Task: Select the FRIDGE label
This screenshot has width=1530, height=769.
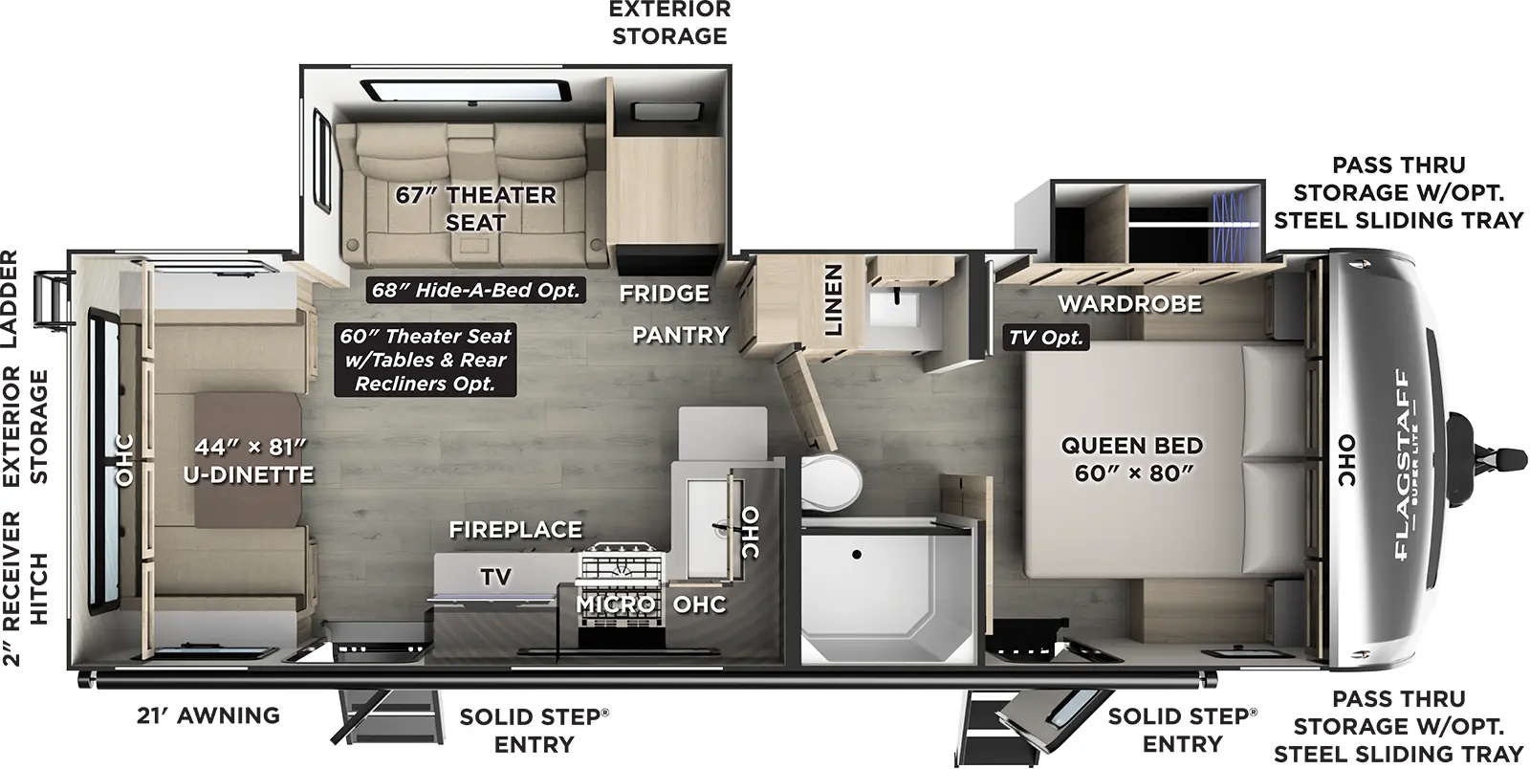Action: tap(664, 293)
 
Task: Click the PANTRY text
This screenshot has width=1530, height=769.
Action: tap(680, 335)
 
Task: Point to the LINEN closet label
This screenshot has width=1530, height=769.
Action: tap(834, 299)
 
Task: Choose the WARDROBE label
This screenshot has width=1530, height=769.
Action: tap(1129, 304)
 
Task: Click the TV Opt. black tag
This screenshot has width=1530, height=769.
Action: tap(1046, 337)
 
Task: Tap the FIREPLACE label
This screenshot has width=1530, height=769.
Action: tap(515, 529)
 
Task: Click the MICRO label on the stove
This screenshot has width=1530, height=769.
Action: tap(615, 604)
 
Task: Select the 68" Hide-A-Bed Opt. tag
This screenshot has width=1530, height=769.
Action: tap(476, 290)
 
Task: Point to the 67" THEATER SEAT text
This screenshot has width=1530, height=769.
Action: tap(476, 208)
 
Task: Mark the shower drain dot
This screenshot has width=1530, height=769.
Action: tap(858, 554)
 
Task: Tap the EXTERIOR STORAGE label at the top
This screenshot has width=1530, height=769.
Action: tap(669, 23)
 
